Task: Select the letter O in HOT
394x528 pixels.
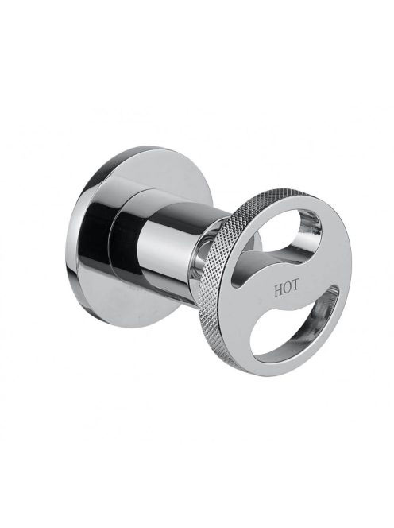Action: click(286, 289)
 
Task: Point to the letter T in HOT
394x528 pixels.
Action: click(295, 286)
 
